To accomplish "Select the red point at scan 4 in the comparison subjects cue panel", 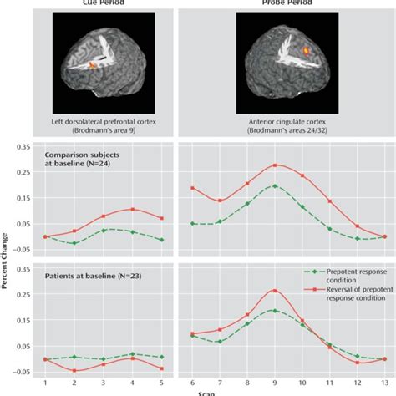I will [132, 209].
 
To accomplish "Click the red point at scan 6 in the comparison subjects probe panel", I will [192, 188].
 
